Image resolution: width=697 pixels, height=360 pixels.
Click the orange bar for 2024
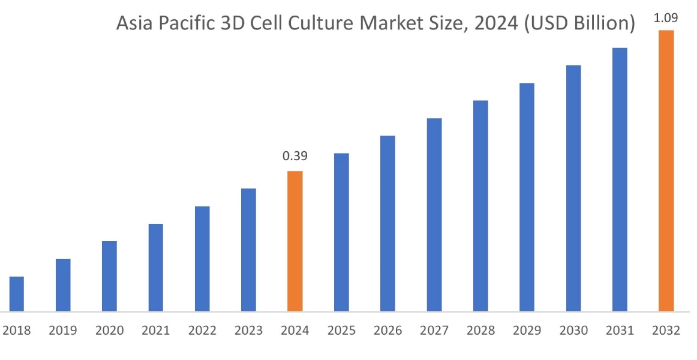tap(295, 241)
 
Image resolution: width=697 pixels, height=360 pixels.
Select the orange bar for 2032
tap(666, 171)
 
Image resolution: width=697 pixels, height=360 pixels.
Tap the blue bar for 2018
tap(17, 294)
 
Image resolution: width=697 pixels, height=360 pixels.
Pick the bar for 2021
tap(156, 268)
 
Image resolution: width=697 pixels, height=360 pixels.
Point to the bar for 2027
tap(434, 215)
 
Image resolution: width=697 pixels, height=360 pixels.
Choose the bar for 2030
tap(573, 188)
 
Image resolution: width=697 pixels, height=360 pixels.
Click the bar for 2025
tap(341, 232)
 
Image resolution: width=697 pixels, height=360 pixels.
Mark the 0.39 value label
tap(295, 157)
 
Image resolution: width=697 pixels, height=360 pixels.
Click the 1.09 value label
tap(666, 18)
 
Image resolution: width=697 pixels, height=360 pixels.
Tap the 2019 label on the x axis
tap(63, 331)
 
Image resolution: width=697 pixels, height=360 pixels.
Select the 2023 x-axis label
tap(248, 331)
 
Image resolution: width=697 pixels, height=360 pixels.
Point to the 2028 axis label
tap(480, 331)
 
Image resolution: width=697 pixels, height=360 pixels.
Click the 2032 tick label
tap(666, 331)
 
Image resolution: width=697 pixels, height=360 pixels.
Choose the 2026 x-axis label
tap(387, 331)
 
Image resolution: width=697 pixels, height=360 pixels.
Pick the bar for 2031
tap(620, 179)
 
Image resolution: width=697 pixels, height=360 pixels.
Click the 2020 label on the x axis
tap(109, 331)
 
